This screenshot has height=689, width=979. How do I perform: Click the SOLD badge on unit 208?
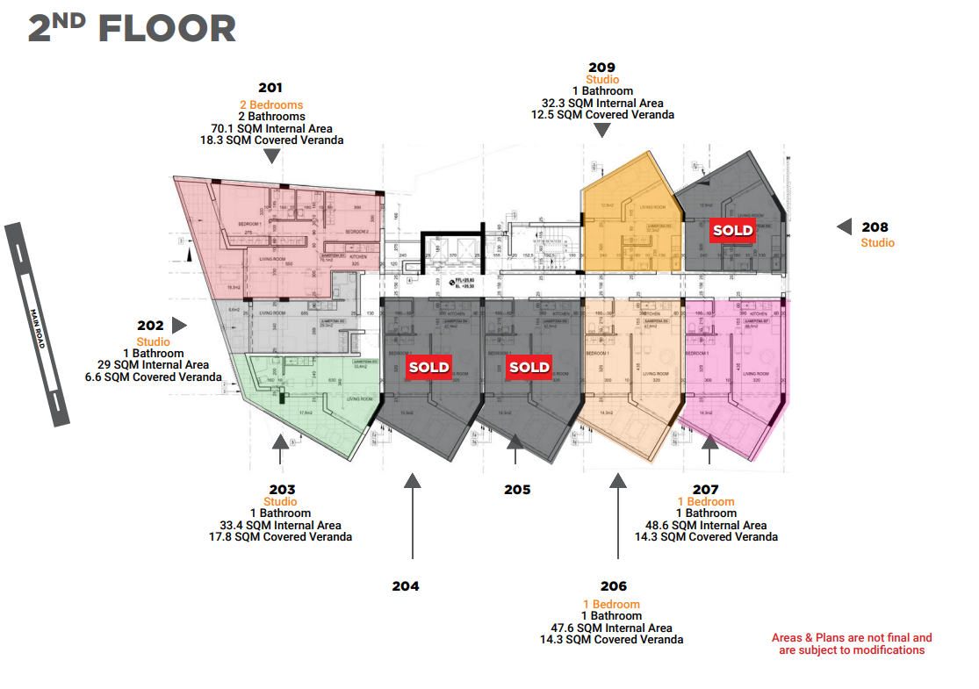732,230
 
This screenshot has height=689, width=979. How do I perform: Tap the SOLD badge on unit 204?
428,367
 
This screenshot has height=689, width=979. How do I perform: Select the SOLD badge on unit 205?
529,367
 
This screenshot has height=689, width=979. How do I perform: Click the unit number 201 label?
270,88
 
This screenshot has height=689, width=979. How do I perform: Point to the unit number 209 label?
602,68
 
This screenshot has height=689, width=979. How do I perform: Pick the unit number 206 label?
614,586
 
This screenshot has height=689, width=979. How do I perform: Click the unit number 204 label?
406,585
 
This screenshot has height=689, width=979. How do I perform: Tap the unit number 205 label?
517,490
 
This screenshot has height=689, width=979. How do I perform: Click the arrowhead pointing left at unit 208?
844,226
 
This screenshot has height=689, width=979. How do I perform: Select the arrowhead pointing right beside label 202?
179,326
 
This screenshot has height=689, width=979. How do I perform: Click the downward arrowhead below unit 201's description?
272,155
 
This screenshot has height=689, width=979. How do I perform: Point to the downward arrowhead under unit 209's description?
601,131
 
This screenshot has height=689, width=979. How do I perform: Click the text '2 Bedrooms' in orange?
270,105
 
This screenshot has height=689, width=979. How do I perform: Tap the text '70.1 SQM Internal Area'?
271,128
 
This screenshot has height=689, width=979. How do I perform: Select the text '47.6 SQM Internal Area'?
611,628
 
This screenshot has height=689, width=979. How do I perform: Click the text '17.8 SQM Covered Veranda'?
280,536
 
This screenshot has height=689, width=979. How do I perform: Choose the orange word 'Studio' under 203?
280,502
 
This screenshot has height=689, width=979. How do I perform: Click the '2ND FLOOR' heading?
132,29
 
